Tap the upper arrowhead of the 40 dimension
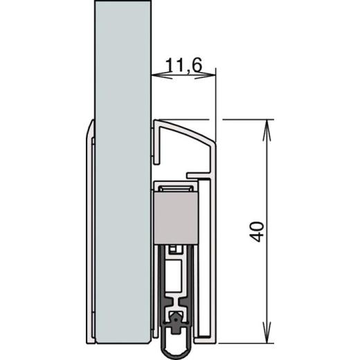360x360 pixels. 266,125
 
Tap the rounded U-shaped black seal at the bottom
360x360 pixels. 175,336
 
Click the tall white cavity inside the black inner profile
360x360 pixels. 174,277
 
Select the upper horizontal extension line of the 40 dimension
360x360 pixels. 242,119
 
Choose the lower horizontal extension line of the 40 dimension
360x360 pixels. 242,342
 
